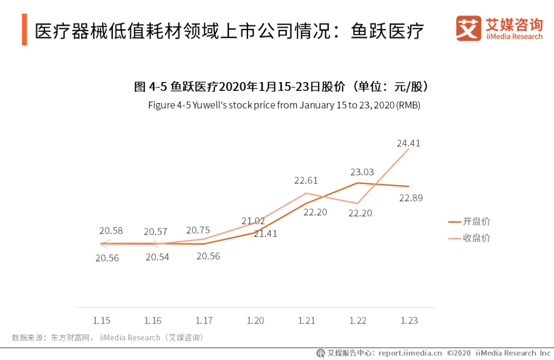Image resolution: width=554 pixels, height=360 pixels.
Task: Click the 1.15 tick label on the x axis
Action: click(x=102, y=321)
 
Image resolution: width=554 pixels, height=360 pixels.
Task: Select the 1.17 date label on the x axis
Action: click(x=204, y=321)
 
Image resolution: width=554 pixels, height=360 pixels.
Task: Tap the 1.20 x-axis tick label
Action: click(x=255, y=321)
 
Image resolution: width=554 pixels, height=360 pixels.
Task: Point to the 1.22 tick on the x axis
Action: click(x=358, y=321)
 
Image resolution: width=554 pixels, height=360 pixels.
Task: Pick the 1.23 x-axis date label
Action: click(x=409, y=321)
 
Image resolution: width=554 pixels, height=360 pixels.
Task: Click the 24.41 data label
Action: click(x=408, y=144)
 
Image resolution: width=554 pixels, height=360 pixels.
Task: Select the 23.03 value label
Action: click(x=362, y=172)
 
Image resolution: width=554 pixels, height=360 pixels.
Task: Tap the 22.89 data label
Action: click(x=411, y=198)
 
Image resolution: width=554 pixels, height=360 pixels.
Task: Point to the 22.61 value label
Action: click(x=306, y=181)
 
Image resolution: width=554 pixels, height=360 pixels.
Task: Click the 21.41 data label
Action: click(x=265, y=234)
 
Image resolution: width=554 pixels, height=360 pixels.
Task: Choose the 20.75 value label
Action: click(x=198, y=231)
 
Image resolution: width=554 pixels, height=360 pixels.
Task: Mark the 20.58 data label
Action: click(x=111, y=231)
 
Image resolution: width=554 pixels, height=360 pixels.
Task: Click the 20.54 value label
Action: click(x=157, y=257)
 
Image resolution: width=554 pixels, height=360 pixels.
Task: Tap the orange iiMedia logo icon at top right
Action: click(x=468, y=29)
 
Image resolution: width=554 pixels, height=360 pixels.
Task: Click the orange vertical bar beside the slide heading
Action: click(x=24, y=30)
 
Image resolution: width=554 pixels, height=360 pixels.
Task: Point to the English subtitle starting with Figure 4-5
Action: click(x=284, y=105)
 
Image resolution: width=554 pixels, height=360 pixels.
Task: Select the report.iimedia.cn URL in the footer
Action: click(x=410, y=353)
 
